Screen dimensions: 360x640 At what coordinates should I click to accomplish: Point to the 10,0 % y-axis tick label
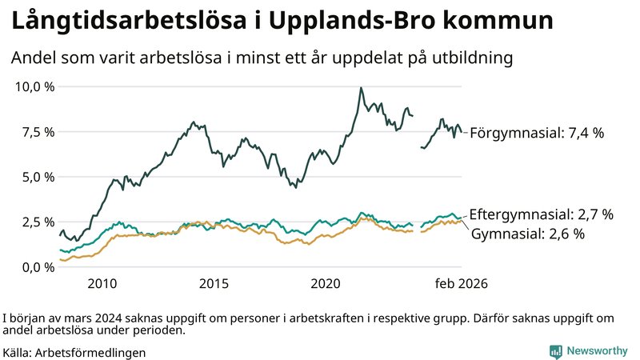35,86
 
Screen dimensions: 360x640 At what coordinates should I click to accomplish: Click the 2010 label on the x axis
102,284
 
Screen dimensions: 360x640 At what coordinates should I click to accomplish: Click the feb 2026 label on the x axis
462,284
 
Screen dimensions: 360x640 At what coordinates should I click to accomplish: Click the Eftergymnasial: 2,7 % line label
542,214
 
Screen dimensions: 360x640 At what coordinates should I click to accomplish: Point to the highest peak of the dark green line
361,88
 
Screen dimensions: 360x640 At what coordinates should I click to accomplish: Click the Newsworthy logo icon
555,351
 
